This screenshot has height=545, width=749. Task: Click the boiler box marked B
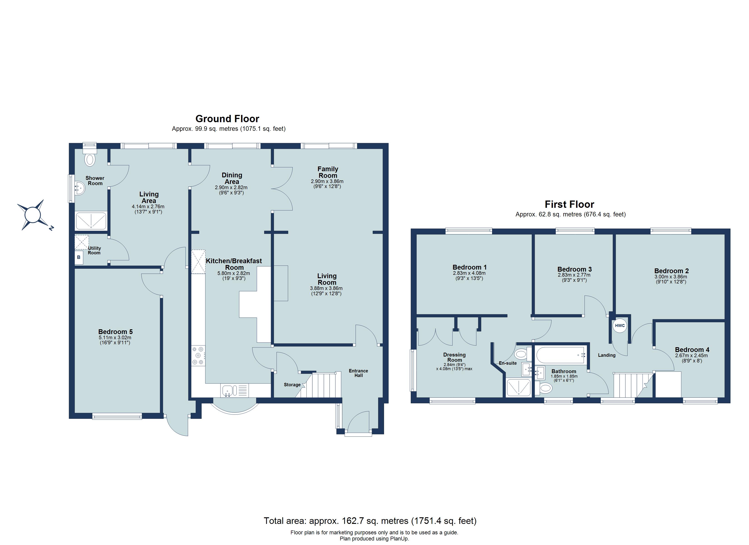click(79, 257)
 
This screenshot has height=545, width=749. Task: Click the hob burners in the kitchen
click(198, 355)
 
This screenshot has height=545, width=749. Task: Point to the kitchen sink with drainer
click(234, 390)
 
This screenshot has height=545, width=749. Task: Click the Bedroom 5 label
click(115, 332)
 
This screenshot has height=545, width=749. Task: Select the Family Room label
click(328, 172)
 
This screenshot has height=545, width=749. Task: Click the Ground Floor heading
click(227, 119)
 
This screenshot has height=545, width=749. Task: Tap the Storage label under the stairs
click(292, 385)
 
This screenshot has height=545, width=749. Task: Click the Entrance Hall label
click(358, 373)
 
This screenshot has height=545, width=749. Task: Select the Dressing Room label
click(454, 357)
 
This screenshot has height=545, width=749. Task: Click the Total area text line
click(370, 521)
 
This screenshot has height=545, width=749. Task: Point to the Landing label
click(607, 355)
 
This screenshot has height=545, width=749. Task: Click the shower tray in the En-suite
click(518, 387)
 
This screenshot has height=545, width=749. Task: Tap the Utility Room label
click(94, 250)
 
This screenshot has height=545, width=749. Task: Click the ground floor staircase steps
click(322, 385)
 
